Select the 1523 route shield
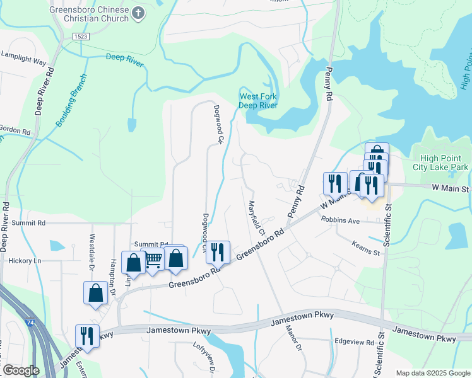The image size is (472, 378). [80, 37]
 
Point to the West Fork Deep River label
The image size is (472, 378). [258, 101]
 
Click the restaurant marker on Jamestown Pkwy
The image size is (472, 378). [87, 336]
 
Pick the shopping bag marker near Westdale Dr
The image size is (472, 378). [95, 293]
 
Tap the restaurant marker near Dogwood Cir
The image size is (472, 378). [218, 252]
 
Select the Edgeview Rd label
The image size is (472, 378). [354, 341]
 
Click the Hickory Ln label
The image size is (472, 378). [20, 260]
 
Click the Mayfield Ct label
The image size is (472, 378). [256, 215]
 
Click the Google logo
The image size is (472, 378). [21, 370]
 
